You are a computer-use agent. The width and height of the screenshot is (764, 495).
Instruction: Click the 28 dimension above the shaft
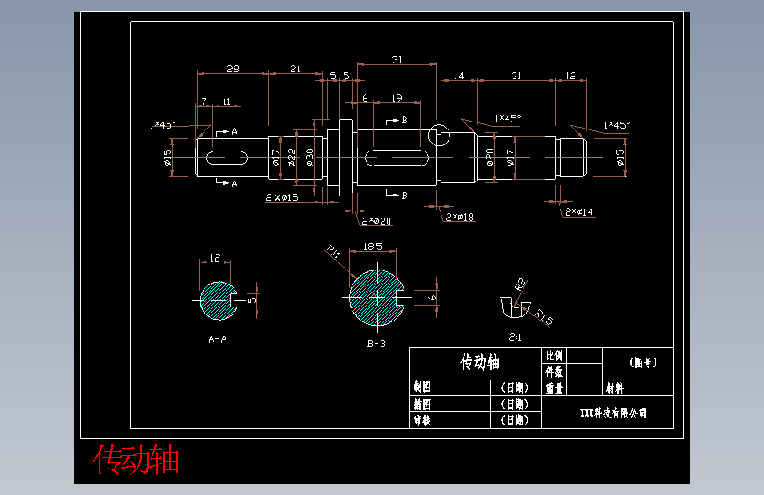[x=233, y=68]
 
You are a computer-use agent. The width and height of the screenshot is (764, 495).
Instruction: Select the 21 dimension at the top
[x=295, y=68]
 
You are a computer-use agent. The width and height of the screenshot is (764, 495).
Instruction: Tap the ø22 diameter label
[x=292, y=158]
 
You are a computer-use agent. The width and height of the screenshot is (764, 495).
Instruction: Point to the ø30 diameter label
[x=309, y=158]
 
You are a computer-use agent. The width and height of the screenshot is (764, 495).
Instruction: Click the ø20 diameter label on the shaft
[x=490, y=157]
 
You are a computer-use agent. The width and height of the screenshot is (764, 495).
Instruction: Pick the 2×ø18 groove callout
[x=460, y=217]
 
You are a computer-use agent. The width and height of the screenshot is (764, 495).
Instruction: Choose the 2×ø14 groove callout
[x=579, y=211]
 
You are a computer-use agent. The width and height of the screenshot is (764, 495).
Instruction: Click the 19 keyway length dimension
[x=397, y=98]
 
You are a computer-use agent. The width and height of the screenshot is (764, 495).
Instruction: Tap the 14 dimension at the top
[x=458, y=77]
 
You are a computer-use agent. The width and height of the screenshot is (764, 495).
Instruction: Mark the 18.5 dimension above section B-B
[x=372, y=247]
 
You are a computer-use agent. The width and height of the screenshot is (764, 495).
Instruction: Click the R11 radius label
[x=334, y=253]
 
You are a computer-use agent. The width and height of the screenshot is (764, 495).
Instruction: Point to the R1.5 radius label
[x=544, y=317]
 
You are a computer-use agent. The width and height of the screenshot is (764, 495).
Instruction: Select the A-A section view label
[x=218, y=338]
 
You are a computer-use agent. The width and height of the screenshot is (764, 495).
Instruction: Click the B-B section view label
[x=376, y=344]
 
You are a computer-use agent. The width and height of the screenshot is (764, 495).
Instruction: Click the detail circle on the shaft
[x=438, y=135]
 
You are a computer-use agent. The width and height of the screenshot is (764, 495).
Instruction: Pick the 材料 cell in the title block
[x=614, y=388]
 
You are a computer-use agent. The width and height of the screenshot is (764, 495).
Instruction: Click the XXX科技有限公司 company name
[x=613, y=412]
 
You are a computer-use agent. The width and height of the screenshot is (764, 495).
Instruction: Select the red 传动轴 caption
[x=137, y=459]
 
